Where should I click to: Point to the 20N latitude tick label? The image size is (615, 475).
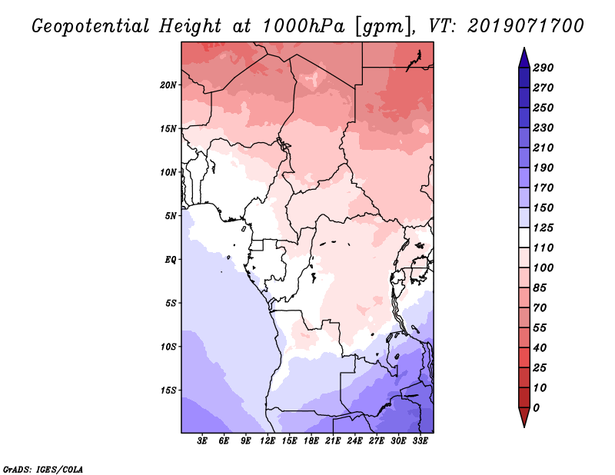pos(168,85)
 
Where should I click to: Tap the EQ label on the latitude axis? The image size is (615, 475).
pos(171,260)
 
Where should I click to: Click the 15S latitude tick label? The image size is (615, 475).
pos(168,390)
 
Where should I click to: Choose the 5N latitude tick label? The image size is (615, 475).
pos(171,216)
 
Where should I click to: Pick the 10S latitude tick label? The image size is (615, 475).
pos(168,347)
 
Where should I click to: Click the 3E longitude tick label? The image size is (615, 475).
pos(203,441)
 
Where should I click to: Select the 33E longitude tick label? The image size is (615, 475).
pos(420,441)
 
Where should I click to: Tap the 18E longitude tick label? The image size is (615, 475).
pos(311,441)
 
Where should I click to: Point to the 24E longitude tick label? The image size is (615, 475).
pos(355,441)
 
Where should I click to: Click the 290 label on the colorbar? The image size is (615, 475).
pos(544,68)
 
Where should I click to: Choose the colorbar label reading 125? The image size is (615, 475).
pos(544,228)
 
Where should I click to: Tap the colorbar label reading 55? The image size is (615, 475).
pos(540,328)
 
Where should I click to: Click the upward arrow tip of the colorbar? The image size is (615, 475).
pos(523,50)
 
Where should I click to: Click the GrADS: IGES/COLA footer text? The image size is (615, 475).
pos(42,468)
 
